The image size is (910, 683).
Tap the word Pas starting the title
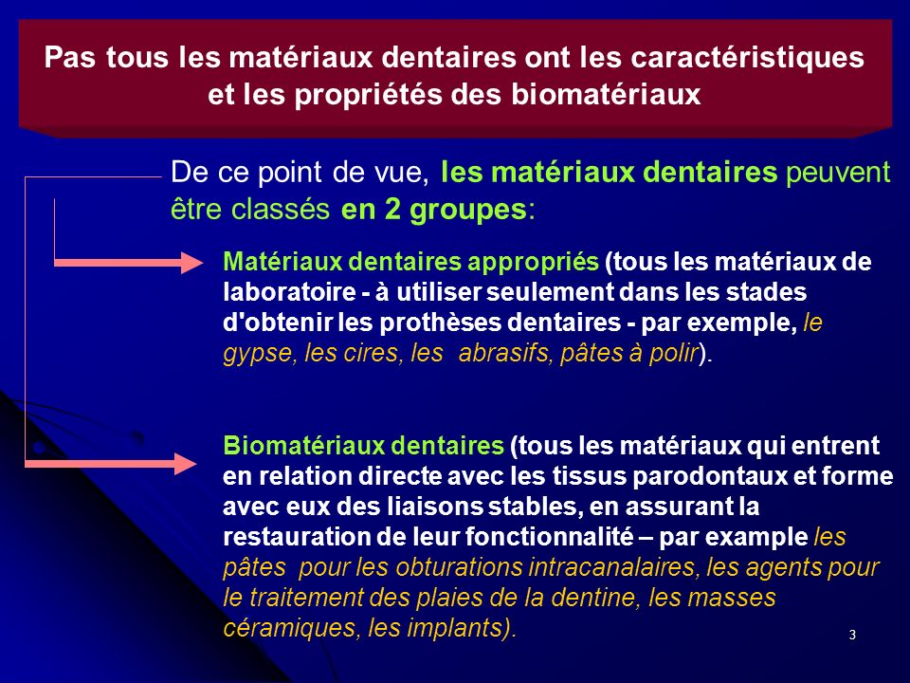[69, 58]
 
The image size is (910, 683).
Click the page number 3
[852, 635]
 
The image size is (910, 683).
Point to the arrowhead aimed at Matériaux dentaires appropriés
[191, 263]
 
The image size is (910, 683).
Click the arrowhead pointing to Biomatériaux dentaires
[187, 464]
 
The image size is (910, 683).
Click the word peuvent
[838, 174]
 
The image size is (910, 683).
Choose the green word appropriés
[533, 263]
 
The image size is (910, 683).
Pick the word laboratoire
[289, 291]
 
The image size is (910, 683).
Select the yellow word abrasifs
[505, 353]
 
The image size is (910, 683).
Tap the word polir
[673, 354]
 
